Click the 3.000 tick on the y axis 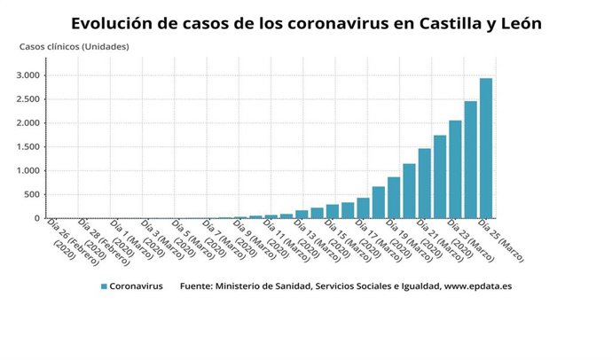tap(27, 75)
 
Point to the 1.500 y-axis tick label tap(27, 147)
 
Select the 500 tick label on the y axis tap(31, 194)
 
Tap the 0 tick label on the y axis tap(37, 218)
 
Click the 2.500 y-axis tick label tap(27, 99)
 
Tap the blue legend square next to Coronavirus tap(104, 286)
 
